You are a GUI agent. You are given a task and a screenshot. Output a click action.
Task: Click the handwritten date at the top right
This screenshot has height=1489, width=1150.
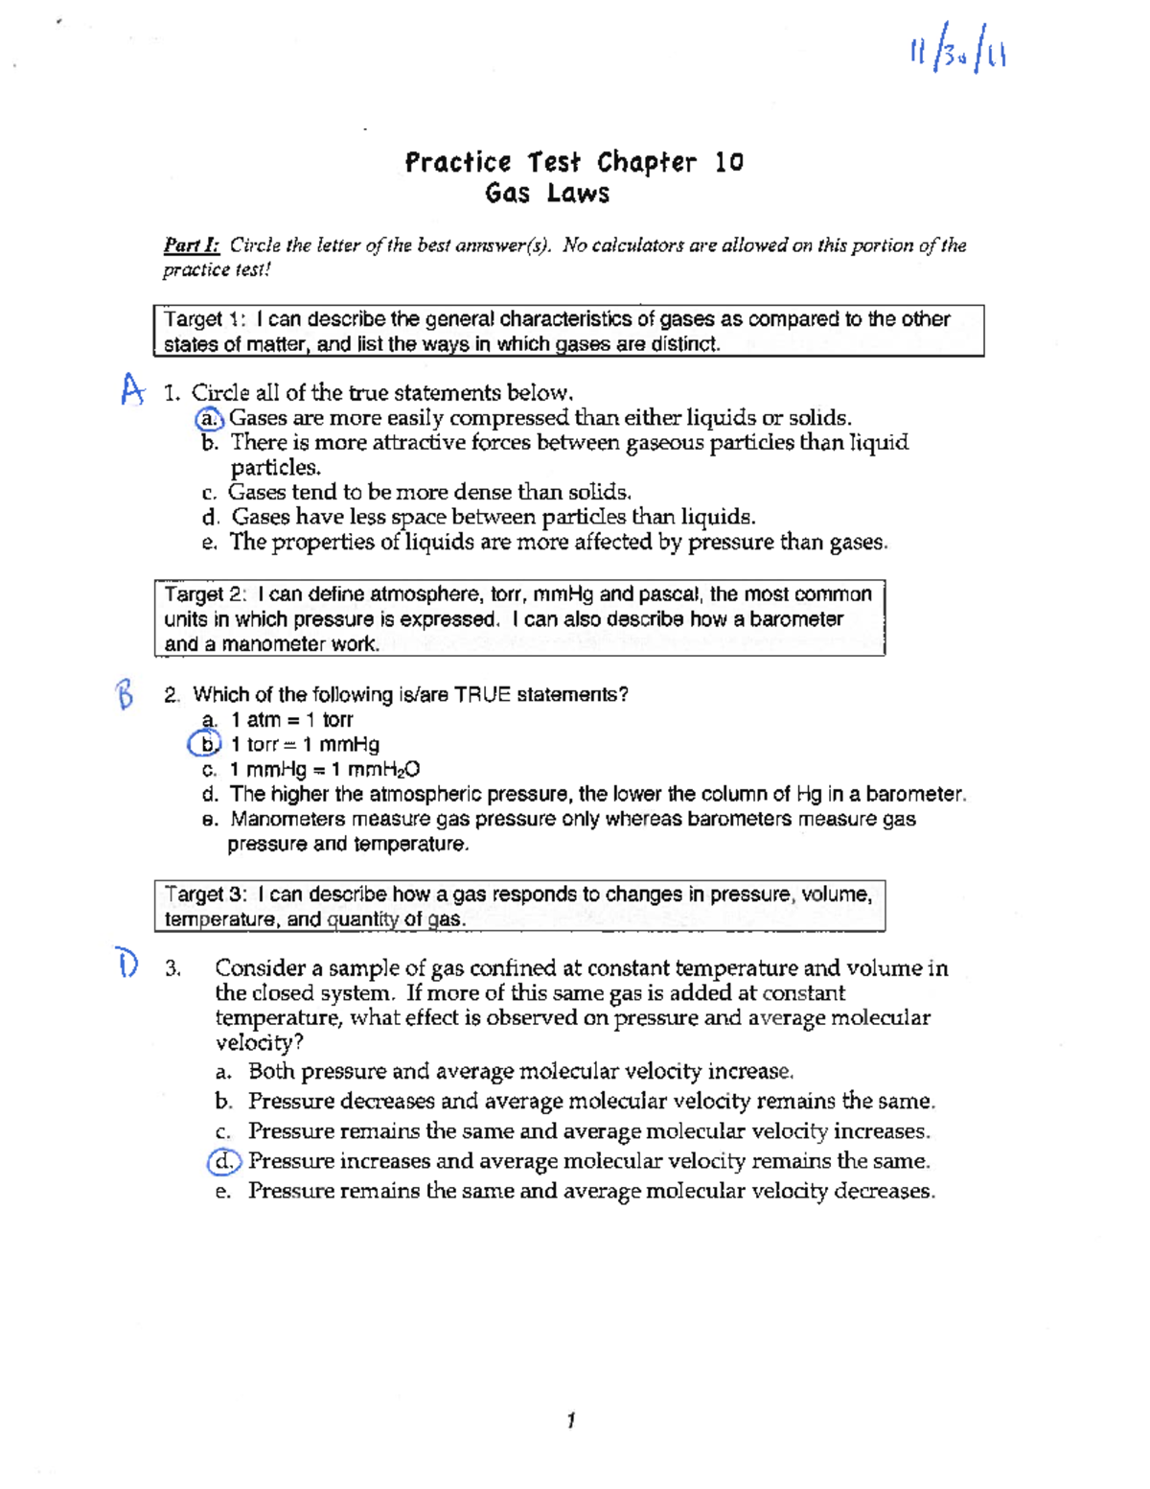tap(956, 54)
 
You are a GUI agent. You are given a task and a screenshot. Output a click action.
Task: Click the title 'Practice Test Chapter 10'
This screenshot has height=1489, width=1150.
tap(573, 162)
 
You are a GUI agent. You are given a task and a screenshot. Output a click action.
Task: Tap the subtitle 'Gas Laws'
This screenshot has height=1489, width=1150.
tap(547, 194)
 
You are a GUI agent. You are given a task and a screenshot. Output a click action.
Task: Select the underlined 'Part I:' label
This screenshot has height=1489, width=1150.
tap(191, 245)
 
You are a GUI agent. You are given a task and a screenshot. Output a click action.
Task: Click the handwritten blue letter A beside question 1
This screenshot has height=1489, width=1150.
tap(131, 389)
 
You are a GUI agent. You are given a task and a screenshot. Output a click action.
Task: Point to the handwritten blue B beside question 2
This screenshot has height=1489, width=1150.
tap(124, 693)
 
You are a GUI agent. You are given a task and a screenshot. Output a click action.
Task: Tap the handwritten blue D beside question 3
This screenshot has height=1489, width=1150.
tap(127, 962)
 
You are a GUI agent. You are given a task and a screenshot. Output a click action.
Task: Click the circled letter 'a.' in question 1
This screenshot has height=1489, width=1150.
tap(209, 418)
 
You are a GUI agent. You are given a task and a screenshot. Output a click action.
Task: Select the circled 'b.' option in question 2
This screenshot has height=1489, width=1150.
tap(204, 744)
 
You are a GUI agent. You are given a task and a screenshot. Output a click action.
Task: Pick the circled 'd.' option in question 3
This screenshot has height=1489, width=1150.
tap(224, 1161)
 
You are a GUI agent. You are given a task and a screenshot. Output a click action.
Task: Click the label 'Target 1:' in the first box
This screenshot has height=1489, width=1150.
tap(205, 319)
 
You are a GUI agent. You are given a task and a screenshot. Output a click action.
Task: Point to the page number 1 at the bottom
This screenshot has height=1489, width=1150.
tap(571, 1420)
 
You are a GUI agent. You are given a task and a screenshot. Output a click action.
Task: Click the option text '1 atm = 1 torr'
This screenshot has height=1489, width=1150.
tap(291, 720)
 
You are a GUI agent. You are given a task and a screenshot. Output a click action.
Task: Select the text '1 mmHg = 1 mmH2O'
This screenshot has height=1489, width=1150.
tap(324, 770)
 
